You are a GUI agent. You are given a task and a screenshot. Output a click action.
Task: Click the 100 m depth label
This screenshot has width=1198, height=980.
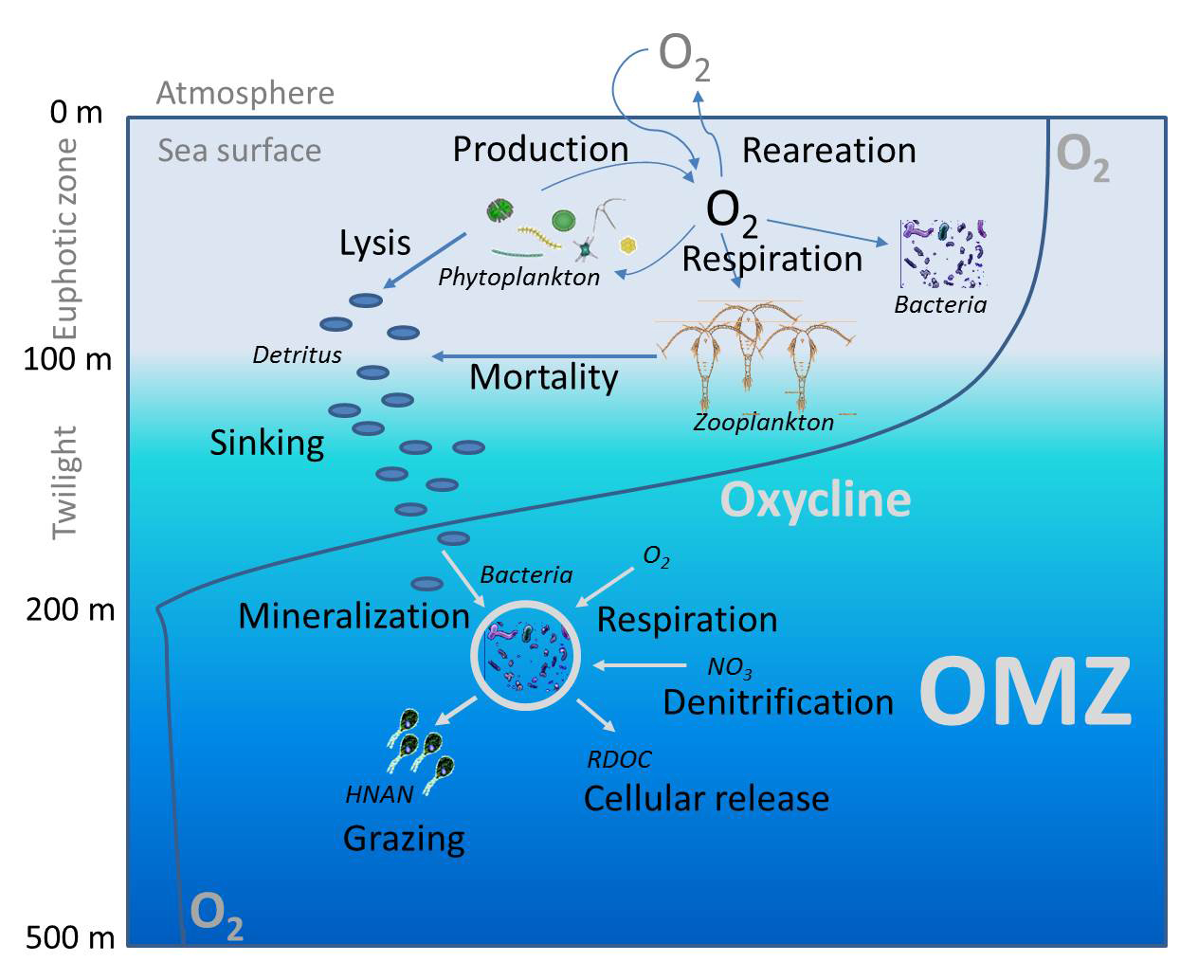click(67, 359)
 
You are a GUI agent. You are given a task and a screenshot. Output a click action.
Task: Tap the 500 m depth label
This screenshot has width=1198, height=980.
click(69, 937)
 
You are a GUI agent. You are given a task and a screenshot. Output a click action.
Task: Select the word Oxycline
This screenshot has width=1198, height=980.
click(815, 499)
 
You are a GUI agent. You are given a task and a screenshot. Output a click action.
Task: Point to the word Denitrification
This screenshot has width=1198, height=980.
click(778, 702)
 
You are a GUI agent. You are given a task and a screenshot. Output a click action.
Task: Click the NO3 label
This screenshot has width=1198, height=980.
click(729, 668)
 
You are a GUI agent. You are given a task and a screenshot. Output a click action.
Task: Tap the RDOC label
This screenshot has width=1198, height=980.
click(619, 759)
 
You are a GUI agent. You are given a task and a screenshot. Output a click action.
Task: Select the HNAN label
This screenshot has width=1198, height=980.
click(379, 794)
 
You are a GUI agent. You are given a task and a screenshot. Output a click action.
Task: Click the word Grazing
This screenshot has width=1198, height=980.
click(404, 839)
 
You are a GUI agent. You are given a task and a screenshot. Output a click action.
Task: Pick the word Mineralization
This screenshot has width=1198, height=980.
click(354, 616)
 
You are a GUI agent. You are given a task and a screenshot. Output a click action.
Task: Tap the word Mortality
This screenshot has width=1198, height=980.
click(543, 377)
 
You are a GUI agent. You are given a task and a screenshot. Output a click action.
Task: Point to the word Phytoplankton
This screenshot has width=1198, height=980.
click(518, 277)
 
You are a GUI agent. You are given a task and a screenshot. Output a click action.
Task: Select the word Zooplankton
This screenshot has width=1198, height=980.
click(763, 422)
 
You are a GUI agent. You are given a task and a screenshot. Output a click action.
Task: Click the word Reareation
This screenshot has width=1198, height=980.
click(828, 151)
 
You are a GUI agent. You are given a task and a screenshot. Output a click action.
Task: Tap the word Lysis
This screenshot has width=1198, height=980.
click(374, 244)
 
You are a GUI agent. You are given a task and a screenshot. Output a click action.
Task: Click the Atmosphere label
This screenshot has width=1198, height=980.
click(245, 93)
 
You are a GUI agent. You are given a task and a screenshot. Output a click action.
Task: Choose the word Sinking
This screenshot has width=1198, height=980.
click(266, 443)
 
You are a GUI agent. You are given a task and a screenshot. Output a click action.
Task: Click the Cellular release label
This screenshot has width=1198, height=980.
click(706, 798)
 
